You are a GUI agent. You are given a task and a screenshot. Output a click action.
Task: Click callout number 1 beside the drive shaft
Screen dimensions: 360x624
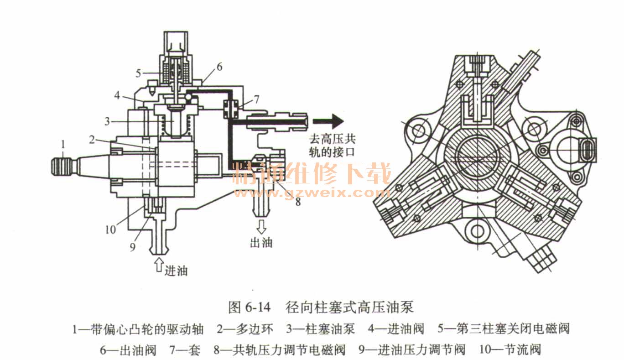pyautogui.click(x=63, y=145)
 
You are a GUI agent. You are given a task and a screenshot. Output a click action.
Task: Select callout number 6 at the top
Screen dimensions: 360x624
pyautogui.click(x=219, y=67)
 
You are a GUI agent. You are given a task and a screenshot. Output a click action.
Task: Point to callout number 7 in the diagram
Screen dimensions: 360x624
pyautogui.click(x=257, y=99)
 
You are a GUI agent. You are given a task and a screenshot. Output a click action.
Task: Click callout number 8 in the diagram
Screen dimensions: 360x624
pyautogui.click(x=298, y=201)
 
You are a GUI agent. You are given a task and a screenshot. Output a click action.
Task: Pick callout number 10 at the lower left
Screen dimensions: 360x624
pyautogui.click(x=110, y=229)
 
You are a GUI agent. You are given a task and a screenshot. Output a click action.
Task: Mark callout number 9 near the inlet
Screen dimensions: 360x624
pyautogui.click(x=133, y=247)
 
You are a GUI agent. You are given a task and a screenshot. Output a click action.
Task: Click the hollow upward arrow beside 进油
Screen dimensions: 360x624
pyautogui.click(x=158, y=264)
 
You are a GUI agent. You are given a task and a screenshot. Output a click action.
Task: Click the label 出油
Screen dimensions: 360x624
pyautogui.click(x=261, y=242)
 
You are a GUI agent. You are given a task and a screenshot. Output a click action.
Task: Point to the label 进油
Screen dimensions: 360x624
pyautogui.click(x=176, y=271)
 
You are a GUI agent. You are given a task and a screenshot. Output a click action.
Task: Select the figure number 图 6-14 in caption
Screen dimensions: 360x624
pyautogui.click(x=249, y=307)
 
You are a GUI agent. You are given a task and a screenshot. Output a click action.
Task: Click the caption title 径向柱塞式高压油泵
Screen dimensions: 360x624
pyautogui.click(x=350, y=307)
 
